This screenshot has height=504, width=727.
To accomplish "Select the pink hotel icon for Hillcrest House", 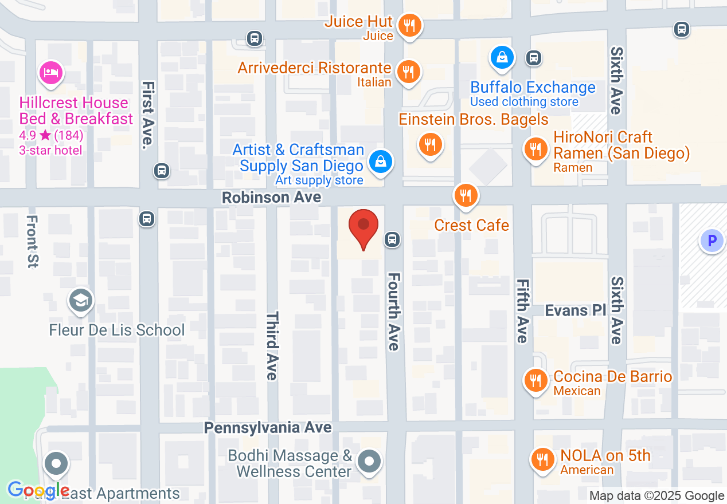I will click(x=51, y=73).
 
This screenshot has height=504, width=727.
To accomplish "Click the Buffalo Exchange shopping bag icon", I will click(x=502, y=57).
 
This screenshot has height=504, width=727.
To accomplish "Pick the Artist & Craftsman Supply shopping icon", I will click(x=380, y=162).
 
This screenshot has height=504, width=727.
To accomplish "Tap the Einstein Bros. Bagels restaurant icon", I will click(x=430, y=144).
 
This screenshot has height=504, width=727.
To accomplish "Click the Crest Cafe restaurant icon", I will click(x=466, y=196).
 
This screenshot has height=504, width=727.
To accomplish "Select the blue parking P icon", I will click(x=712, y=241).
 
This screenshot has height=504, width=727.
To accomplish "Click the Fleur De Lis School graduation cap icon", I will click(x=80, y=301).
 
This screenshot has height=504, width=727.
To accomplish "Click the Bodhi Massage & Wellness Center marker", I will click(x=369, y=461).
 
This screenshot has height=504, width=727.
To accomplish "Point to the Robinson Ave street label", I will click(x=271, y=198).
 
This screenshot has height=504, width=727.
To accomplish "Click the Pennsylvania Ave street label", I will click(x=268, y=428).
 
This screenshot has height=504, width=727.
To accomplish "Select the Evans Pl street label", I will click(x=575, y=310).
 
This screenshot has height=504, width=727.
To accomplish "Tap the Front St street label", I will click(x=32, y=241).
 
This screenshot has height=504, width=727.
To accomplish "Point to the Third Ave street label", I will click(x=272, y=345).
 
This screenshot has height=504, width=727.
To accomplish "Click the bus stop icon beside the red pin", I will click(x=392, y=239).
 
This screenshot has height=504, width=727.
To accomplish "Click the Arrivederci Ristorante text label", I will click(x=314, y=68).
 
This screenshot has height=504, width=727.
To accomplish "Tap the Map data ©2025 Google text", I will click(x=656, y=496).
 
